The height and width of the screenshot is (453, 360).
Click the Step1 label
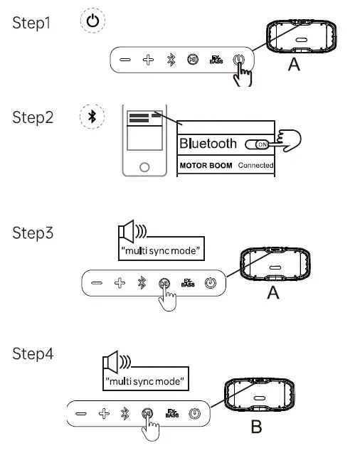[x=33, y=23]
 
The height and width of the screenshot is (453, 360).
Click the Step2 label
[x=33, y=117]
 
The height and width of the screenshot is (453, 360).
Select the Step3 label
[x=33, y=233]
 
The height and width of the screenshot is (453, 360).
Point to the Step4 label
[x=33, y=353]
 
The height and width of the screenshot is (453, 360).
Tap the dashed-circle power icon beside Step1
[x=92, y=21]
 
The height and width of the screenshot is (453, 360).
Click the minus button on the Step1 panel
[x=125, y=60]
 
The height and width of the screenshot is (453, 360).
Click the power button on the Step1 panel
[x=239, y=60]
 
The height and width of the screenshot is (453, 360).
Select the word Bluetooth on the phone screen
[x=208, y=144]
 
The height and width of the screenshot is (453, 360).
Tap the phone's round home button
[x=144, y=166]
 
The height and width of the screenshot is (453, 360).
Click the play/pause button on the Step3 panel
[x=164, y=284]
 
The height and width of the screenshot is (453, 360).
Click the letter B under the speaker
[x=257, y=427]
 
